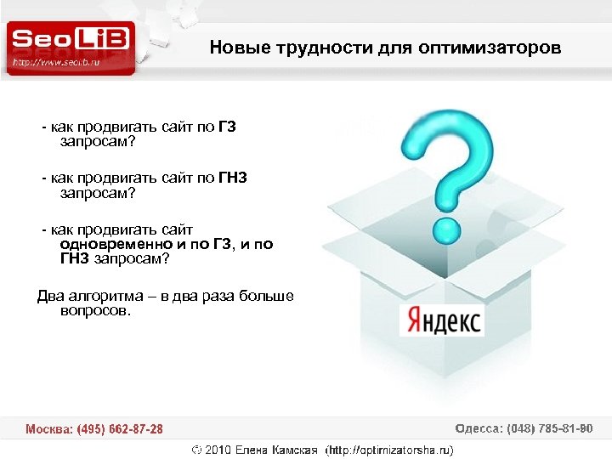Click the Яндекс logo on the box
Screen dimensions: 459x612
(x=442, y=320)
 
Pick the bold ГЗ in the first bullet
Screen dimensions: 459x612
(x=226, y=127)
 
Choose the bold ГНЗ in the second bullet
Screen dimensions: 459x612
(x=231, y=178)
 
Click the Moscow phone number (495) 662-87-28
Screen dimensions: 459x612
(x=120, y=429)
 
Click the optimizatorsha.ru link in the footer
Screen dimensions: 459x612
(x=393, y=450)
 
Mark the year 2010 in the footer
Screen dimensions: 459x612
(x=218, y=450)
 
